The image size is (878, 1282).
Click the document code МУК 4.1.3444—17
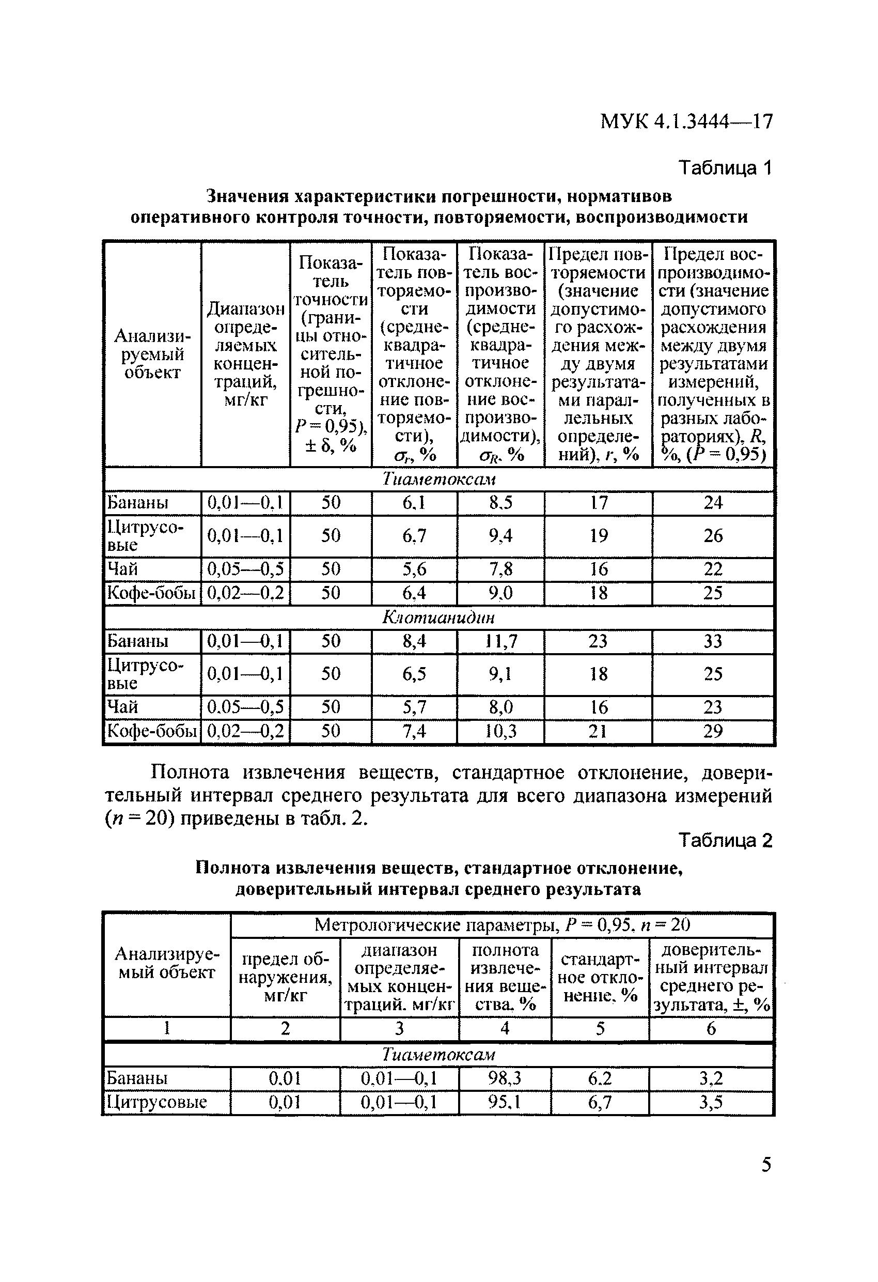click(686, 121)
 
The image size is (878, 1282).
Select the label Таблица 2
click(725, 840)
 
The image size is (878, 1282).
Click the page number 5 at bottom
click(766, 1165)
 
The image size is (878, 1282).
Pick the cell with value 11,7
click(500, 641)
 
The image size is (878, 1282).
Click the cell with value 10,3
click(500, 731)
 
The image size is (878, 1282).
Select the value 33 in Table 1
click(713, 641)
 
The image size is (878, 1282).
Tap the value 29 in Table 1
click(713, 731)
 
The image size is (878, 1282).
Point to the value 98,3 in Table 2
click(504, 1078)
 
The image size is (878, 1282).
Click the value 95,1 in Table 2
click(504, 1102)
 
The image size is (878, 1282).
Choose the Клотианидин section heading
click(438, 617)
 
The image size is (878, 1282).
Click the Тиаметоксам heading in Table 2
click(438, 1054)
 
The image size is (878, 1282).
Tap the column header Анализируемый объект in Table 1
click(152, 354)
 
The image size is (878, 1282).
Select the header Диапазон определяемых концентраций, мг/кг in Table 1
click(245, 354)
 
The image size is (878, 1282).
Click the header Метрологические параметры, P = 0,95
click(502, 924)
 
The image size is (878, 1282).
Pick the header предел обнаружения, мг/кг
click(285, 978)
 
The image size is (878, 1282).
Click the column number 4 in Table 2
click(504, 1028)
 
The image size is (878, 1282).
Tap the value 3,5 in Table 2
click(711, 1102)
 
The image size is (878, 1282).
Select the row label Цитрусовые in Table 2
click(156, 1102)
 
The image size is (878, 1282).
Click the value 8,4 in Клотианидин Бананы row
click(414, 641)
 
